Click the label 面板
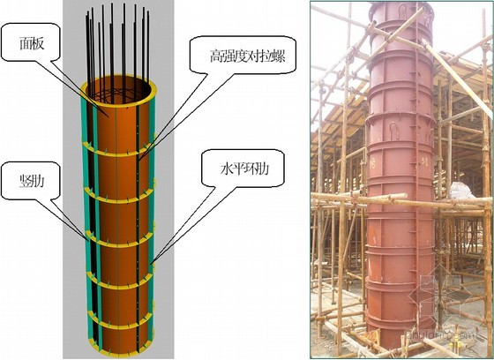32,43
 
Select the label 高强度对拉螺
248,56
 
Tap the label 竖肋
32,181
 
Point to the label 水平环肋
244,169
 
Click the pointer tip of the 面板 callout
109,117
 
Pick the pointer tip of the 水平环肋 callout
151,264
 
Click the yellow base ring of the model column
120,352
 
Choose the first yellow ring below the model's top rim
117,152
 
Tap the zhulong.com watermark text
442,334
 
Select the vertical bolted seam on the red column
416,176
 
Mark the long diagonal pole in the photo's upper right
457,76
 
